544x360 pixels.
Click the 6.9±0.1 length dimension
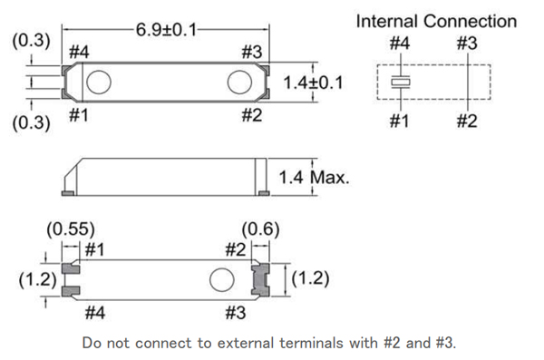[166, 30]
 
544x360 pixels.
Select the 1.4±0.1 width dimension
[313, 83]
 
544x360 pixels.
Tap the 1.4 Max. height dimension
[314, 178]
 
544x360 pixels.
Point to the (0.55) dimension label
[71, 229]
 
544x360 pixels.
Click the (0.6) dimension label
[260, 229]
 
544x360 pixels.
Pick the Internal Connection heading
[436, 21]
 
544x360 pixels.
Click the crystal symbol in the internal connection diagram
[401, 83]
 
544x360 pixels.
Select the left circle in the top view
[99, 83]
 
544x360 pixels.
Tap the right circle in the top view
[239, 83]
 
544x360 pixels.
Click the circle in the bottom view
[222, 280]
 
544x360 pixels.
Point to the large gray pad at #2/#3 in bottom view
[260, 280]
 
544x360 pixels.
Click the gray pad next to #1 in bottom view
[71, 268]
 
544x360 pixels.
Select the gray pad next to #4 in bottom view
[71, 291]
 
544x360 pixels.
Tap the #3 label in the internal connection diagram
[467, 44]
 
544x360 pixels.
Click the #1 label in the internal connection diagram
[400, 122]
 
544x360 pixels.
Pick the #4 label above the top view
[79, 52]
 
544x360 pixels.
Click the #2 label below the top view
[252, 115]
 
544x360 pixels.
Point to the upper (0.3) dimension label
[31, 41]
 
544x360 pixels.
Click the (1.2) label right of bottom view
[310, 278]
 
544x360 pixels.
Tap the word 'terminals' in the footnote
[311, 343]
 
